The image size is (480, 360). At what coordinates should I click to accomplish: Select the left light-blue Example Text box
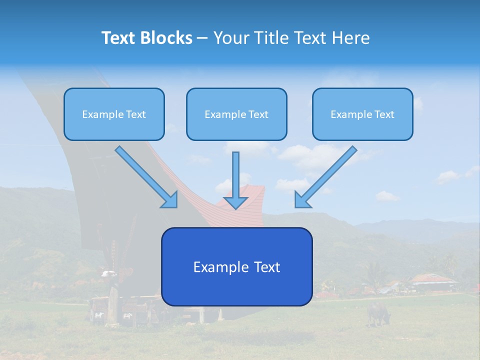[114, 114]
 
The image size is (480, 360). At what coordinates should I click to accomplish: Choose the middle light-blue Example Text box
[236, 114]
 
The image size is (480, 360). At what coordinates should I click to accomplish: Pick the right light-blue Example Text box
[362, 114]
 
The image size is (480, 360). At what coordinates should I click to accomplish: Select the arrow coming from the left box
[146, 177]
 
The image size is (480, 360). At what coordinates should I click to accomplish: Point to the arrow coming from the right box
[326, 177]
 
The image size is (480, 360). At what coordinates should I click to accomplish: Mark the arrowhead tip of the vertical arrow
[235, 208]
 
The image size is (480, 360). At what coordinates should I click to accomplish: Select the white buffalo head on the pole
[108, 273]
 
